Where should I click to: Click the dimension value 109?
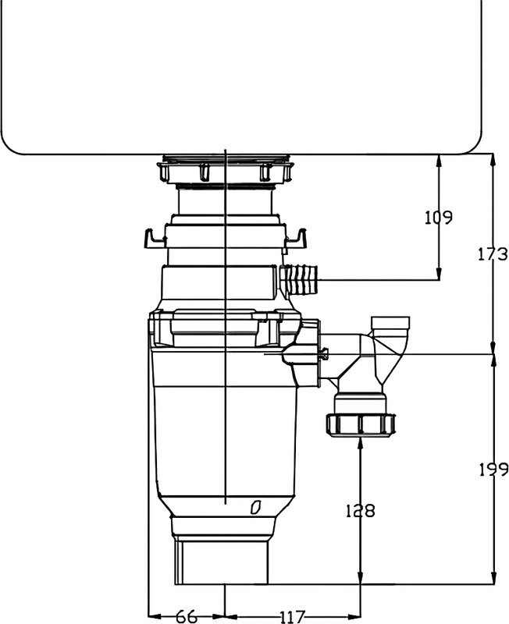[x=439, y=218]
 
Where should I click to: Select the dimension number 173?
[x=493, y=254]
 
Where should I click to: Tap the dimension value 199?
[x=493, y=470]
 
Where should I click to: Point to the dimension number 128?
[x=360, y=511]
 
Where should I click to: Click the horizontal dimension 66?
[x=186, y=617]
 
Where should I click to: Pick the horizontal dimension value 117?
[x=291, y=617]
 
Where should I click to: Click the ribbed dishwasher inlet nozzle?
[x=301, y=279]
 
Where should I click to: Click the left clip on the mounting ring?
[x=152, y=236]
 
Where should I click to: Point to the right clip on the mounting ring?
[x=297, y=236]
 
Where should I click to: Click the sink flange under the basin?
[x=226, y=169]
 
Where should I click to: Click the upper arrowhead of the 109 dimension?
[x=439, y=158]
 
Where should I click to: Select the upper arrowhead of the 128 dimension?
[x=360, y=443]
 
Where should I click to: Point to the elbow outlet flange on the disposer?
[x=319, y=355]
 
